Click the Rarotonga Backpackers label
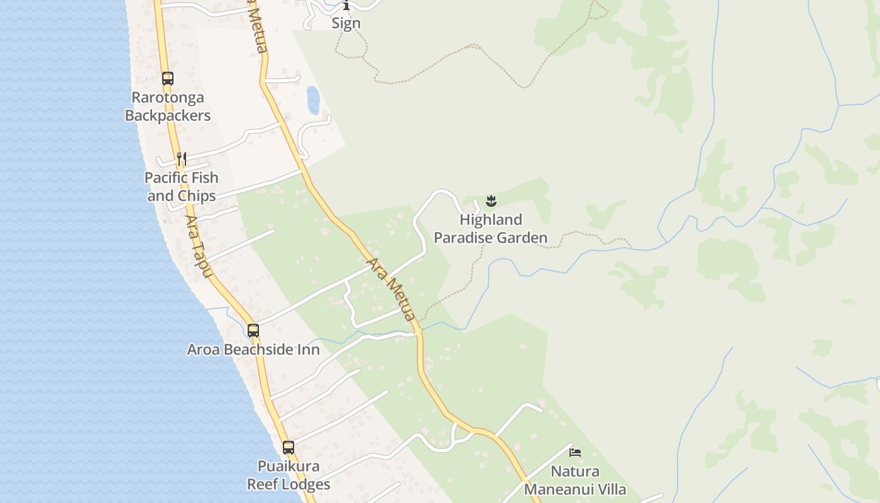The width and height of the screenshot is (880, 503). coord(168,106)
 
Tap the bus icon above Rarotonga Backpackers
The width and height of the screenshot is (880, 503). coord(167,79)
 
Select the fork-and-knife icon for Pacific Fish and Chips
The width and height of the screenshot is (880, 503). coord(182,158)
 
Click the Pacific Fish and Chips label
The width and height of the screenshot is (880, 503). coord(182,187)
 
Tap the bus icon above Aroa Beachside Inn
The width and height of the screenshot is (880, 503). coord(253,330)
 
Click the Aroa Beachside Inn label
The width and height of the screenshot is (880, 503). coord(253,350)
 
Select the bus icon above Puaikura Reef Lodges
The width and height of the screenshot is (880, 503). coord(289,448)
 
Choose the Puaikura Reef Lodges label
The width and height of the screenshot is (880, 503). coord(289,475)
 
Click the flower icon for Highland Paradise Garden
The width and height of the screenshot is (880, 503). coord(492,201)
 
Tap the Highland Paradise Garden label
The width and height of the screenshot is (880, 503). coord(491,229)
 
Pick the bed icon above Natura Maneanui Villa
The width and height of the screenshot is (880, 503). coord(575,452)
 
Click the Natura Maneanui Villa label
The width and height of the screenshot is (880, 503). coord(575,480)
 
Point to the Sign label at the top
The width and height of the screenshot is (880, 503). coord(346,23)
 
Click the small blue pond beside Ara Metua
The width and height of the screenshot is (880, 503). coord(312,99)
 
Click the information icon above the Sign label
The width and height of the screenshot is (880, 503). coord(346,6)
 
